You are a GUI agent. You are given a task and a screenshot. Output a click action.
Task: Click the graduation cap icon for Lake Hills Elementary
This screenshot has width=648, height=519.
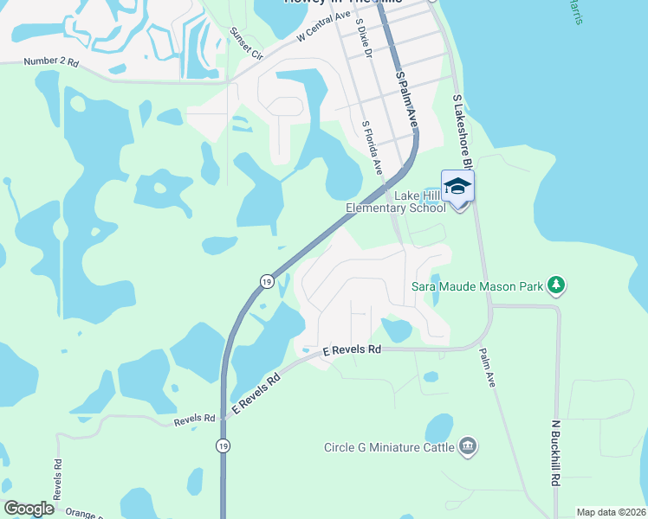point(457,187)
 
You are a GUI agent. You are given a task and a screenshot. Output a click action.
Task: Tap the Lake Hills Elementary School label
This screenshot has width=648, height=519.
point(395,202)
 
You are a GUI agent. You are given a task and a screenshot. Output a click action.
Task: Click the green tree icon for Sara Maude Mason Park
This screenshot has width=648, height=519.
point(556,284)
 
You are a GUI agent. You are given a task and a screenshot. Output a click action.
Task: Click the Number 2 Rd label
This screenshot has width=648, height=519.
point(51,62)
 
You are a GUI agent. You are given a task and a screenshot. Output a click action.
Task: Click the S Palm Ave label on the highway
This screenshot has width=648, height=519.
point(406,100)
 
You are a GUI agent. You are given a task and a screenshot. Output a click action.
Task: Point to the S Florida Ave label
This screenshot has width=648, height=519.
point(373,148)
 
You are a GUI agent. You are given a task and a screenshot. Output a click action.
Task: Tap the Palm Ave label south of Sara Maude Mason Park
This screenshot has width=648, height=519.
point(488,367)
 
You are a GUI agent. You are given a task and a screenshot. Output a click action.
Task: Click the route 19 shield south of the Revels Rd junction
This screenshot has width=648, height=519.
point(223,445)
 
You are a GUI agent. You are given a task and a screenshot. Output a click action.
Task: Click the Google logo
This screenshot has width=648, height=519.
point(29,509)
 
